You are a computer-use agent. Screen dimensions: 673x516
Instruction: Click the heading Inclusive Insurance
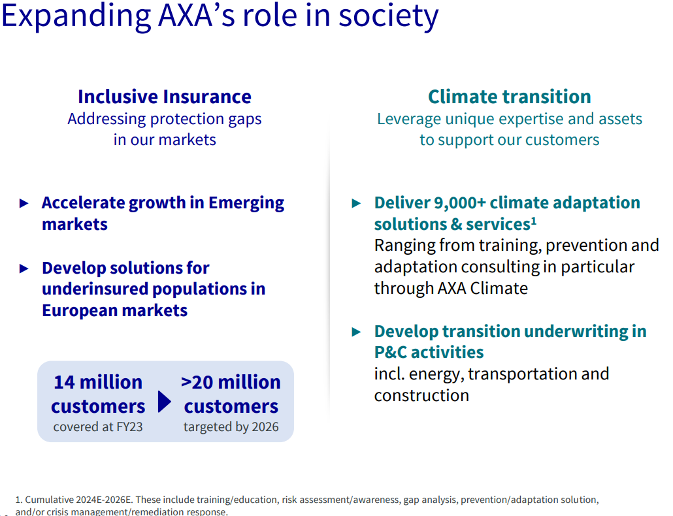[x=165, y=97]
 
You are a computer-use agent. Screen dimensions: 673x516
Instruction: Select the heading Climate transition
[x=510, y=97]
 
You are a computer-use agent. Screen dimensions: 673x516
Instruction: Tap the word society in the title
[x=388, y=16]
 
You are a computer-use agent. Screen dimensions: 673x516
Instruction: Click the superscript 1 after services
[x=534, y=221]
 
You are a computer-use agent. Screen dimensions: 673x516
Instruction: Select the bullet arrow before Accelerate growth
[x=24, y=203]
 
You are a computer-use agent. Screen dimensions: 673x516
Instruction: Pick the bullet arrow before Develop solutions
[x=24, y=269]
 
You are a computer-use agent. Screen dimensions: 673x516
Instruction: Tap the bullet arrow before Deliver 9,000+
[x=356, y=203]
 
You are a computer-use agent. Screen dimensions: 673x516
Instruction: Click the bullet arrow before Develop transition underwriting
[x=356, y=332]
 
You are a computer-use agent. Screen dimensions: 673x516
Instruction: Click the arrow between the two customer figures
[x=165, y=402]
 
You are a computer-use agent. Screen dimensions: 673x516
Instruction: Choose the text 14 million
[x=98, y=382]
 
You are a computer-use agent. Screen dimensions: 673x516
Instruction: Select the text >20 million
[x=231, y=382]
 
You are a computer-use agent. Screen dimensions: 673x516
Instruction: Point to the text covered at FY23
[x=98, y=427]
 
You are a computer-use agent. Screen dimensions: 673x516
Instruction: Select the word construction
[x=421, y=395]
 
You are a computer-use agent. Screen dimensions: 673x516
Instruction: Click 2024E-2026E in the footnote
[x=103, y=500]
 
